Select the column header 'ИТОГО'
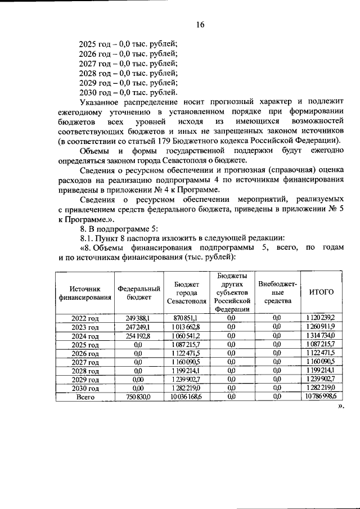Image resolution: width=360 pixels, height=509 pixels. [322, 292]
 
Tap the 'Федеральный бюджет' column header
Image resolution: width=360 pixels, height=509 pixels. [139, 292]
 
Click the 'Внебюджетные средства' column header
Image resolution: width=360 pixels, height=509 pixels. [276, 292]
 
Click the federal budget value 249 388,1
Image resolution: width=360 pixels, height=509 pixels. [139, 318]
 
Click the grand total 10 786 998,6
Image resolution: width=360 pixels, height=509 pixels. [322, 397]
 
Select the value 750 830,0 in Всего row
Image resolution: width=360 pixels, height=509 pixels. [139, 397]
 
